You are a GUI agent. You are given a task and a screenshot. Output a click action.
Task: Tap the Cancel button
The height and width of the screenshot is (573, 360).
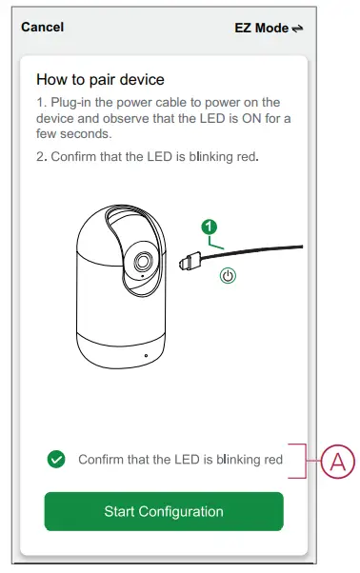click(42, 28)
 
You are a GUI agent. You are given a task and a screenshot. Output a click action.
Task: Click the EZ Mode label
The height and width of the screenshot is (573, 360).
click(260, 29)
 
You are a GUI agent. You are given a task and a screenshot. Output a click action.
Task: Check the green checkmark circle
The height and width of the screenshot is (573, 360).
click(56, 460)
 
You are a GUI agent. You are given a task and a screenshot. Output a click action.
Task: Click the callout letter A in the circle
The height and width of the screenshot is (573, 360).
click(334, 464)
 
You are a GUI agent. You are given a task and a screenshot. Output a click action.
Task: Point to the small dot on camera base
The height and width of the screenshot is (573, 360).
click(146, 355)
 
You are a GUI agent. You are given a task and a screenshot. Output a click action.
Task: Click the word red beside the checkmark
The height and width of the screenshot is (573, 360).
click(273, 460)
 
